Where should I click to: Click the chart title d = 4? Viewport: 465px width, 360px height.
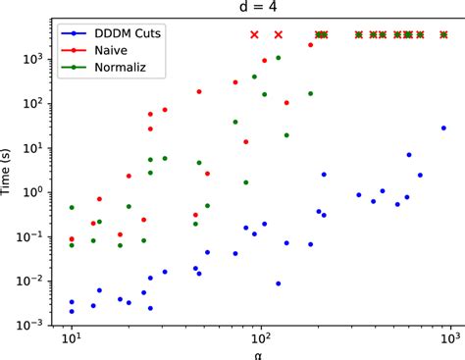tap(259, 9)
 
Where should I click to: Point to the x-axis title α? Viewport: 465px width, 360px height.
tap(259, 350)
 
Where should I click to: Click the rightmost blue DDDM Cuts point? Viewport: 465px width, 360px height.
tap(444, 128)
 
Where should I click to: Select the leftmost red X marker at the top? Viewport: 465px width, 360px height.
tap(254, 34)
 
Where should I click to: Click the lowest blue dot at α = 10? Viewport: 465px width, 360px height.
tap(72, 311)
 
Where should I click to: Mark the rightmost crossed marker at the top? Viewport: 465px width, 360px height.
tap(444, 34)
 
